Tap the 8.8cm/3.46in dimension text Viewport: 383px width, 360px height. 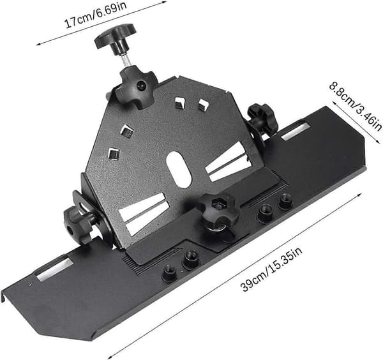(356, 107)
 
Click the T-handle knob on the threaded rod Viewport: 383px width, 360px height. (116, 38)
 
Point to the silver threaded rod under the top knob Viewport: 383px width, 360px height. (126, 60)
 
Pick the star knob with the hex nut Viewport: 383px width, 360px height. (218, 213)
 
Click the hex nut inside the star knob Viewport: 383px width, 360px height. (218, 203)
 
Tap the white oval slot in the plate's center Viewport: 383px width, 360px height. (179, 170)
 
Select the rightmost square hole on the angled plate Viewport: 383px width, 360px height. (203, 104)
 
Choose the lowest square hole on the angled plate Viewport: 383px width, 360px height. (114, 154)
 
